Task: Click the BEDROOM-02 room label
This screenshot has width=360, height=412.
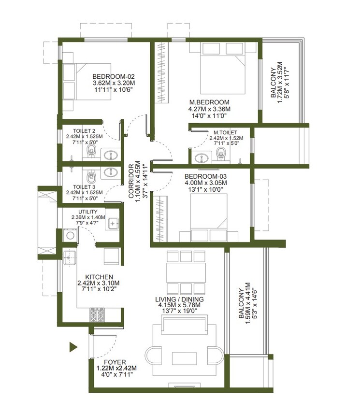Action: pos(114,76)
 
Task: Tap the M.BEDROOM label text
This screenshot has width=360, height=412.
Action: pos(209,102)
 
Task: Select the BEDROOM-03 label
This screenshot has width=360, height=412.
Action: pos(205,176)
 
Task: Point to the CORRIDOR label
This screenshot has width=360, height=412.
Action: pos(131,181)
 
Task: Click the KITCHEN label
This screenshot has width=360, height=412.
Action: pos(99,277)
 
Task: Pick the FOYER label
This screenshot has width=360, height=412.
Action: pos(115,362)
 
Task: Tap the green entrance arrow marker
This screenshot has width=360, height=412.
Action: pos(73,347)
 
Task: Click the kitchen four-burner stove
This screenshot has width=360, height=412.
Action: pos(97,314)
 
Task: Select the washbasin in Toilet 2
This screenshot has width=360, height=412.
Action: pos(111,155)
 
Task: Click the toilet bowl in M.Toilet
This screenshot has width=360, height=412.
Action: pos(221,153)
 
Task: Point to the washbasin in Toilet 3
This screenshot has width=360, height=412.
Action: pos(111,172)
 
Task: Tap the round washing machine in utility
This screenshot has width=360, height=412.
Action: pos(70,235)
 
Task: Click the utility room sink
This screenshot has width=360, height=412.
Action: pos(112,223)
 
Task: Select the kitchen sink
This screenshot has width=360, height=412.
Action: pos(70,258)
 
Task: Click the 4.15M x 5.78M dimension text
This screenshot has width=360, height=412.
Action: pos(179,305)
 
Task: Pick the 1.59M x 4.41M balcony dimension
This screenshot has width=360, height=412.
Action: pos(248,303)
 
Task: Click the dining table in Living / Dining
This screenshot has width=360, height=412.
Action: pos(186,272)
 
